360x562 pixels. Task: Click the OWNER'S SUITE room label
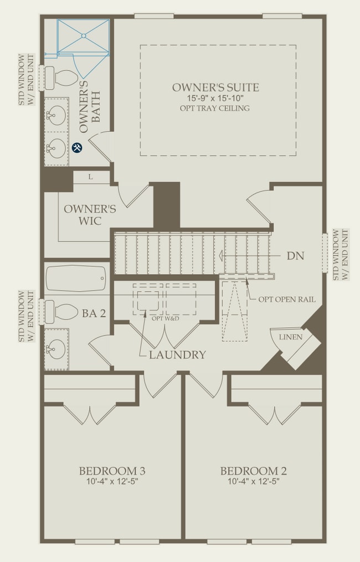click(215, 87)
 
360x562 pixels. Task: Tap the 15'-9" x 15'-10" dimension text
click(215, 98)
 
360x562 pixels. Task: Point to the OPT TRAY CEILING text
click(215, 108)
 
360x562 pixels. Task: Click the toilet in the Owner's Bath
click(61, 78)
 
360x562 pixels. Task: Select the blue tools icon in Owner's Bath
click(77, 147)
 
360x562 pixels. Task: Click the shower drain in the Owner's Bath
click(84, 35)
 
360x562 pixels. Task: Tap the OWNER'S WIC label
click(90, 215)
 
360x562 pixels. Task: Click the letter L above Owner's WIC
click(90, 177)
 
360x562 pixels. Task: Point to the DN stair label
click(295, 256)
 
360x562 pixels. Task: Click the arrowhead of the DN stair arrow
click(221, 256)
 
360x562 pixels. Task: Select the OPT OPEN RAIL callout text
click(287, 300)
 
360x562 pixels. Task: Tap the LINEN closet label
click(291, 337)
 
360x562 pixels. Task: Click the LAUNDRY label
click(177, 355)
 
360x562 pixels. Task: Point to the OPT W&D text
click(165, 318)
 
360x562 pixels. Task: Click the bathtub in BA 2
click(76, 278)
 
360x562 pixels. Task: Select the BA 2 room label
click(94, 313)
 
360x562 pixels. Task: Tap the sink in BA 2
click(56, 349)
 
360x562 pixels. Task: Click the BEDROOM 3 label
click(112, 471)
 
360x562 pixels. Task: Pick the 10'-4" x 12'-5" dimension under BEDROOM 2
click(254, 481)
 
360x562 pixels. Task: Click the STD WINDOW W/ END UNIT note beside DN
click(341, 255)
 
